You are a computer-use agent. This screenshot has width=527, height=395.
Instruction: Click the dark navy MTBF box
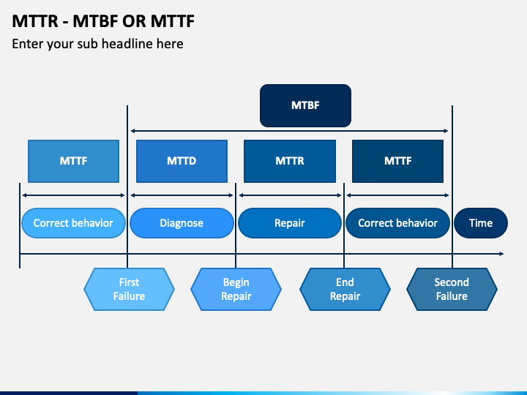[305, 105]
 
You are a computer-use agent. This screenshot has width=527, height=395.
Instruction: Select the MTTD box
[182, 161]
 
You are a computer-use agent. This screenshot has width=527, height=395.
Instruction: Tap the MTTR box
[290, 161]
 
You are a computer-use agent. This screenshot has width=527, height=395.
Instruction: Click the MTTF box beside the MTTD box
[73, 161]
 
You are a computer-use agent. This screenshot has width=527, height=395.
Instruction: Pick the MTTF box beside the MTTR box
[397, 161]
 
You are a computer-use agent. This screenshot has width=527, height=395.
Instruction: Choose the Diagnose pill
[182, 223]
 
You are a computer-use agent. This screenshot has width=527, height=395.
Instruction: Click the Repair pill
[290, 223]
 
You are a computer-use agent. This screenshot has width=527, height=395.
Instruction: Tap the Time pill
[481, 223]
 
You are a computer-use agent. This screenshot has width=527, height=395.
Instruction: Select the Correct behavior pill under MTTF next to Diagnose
[73, 223]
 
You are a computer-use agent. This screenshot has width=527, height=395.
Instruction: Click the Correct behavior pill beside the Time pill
[397, 223]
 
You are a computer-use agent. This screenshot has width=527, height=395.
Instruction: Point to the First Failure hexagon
[129, 290]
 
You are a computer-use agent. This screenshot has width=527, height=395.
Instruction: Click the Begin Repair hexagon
[236, 290]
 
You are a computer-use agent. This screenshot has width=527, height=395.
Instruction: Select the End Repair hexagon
[345, 290]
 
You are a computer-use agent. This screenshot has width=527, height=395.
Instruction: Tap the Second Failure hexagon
[452, 290]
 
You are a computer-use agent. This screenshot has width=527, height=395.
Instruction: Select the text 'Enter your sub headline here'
[97, 44]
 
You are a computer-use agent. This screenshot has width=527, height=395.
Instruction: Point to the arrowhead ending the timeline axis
[501, 254]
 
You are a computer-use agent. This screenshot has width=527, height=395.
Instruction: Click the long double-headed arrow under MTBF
[290, 132]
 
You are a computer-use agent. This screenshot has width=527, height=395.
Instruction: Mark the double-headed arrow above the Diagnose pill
[182, 195]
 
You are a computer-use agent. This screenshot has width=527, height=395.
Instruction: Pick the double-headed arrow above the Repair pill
[290, 195]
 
